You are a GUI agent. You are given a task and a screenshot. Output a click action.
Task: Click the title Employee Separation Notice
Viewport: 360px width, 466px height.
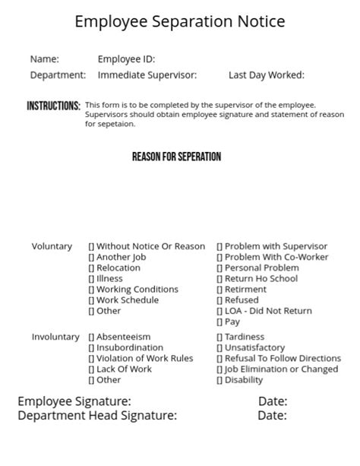[x=180, y=22]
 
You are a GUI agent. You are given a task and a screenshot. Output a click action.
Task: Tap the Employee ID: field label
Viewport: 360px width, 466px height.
[x=126, y=59]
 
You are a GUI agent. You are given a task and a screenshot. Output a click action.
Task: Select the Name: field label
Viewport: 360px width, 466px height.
[x=44, y=59]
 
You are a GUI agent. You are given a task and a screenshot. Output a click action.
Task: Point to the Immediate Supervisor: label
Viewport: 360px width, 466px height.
[x=147, y=75]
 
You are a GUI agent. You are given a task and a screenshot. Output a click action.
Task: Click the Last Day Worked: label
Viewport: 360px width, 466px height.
[x=266, y=75]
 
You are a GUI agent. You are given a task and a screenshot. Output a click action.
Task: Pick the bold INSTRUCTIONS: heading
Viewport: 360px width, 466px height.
[x=53, y=106]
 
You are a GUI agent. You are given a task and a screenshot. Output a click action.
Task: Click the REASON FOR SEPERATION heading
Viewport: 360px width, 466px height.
[x=176, y=157]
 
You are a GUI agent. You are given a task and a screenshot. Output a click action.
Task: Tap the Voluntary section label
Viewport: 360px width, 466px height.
[x=52, y=246]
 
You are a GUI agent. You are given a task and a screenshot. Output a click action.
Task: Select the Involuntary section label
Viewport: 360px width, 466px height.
[x=55, y=337]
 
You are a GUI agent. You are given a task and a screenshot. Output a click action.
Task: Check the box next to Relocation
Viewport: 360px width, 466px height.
[x=91, y=268]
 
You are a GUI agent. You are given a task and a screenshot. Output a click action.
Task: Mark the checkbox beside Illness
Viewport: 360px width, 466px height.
[x=91, y=279]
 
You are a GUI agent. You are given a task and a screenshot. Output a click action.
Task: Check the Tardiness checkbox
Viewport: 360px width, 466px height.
[x=219, y=337]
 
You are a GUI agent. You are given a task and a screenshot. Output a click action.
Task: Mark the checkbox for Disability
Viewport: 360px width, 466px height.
[x=219, y=380]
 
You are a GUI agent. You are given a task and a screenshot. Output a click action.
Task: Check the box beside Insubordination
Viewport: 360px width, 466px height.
[x=91, y=348]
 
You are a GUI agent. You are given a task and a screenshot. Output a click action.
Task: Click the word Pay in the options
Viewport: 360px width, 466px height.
[x=232, y=322]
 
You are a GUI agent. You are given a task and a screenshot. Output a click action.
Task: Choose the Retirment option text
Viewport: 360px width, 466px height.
[x=245, y=290]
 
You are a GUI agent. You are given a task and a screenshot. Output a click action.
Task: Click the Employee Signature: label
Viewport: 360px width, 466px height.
[x=74, y=401]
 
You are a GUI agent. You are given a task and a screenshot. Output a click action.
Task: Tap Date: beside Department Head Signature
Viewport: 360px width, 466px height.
[x=272, y=416]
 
